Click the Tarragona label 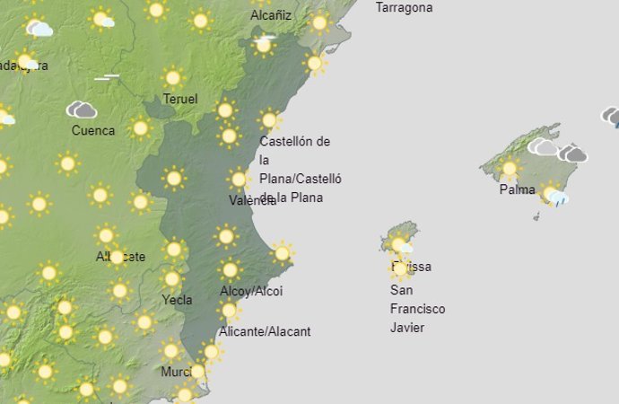point(404,7)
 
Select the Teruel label point(180,100)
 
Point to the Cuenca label point(93,130)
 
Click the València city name point(252,201)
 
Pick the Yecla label point(177,300)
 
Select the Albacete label point(120,257)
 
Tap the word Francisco point(418,309)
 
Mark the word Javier point(407,327)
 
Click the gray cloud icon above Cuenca point(82,110)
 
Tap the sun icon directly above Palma point(510,168)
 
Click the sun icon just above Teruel point(173,78)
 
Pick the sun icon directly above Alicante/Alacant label point(230,311)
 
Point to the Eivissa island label point(412,267)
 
